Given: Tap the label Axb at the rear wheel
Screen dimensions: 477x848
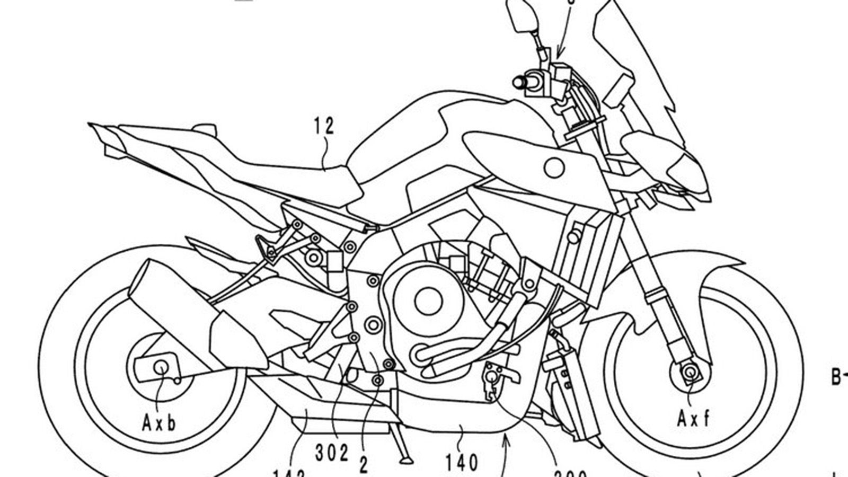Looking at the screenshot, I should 159,422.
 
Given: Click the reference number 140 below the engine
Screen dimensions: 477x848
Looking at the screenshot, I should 462,463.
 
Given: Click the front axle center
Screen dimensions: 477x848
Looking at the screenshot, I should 690,374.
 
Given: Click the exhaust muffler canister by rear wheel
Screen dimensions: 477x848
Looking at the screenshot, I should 154,297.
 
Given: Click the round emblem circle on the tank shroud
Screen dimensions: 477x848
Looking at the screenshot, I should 554,168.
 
